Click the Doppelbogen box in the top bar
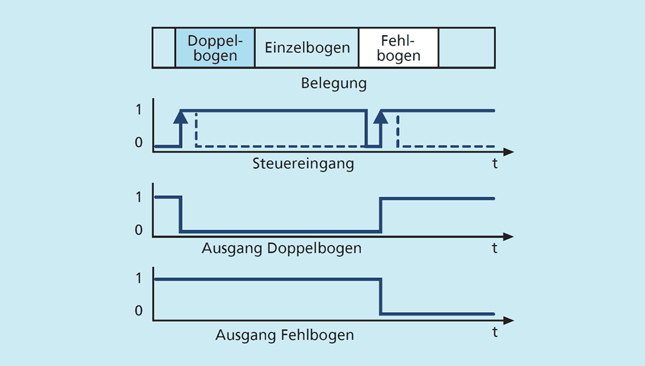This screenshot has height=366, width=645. point(215,48)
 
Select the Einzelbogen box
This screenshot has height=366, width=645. point(307,48)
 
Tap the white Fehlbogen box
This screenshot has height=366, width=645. point(398,48)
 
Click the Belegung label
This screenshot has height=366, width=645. point(334,83)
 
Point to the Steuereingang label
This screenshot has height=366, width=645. point(303,163)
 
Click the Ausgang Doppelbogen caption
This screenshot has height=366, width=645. point(282,248)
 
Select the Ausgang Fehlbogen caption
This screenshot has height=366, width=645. point(285,334)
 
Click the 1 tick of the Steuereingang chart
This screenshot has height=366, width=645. point(138,110)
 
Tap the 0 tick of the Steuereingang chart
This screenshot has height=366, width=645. point(138,142)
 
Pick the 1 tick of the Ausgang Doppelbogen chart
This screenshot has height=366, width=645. point(138,197)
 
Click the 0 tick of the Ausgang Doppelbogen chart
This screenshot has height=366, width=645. point(138,229)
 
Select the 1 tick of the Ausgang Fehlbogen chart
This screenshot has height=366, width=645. point(138,279)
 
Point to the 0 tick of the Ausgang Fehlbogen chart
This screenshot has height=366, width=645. point(138,310)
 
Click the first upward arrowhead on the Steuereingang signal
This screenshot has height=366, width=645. point(181,117)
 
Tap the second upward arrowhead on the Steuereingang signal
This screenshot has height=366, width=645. point(380,117)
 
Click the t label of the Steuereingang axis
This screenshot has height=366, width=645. point(495,163)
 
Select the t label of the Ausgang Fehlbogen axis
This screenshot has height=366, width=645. point(495,332)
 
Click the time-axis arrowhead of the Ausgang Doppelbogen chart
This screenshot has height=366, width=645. point(509,237)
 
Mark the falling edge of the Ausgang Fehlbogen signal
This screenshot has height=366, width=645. point(380,297)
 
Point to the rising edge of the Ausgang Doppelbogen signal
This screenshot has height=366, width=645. point(380,215)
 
